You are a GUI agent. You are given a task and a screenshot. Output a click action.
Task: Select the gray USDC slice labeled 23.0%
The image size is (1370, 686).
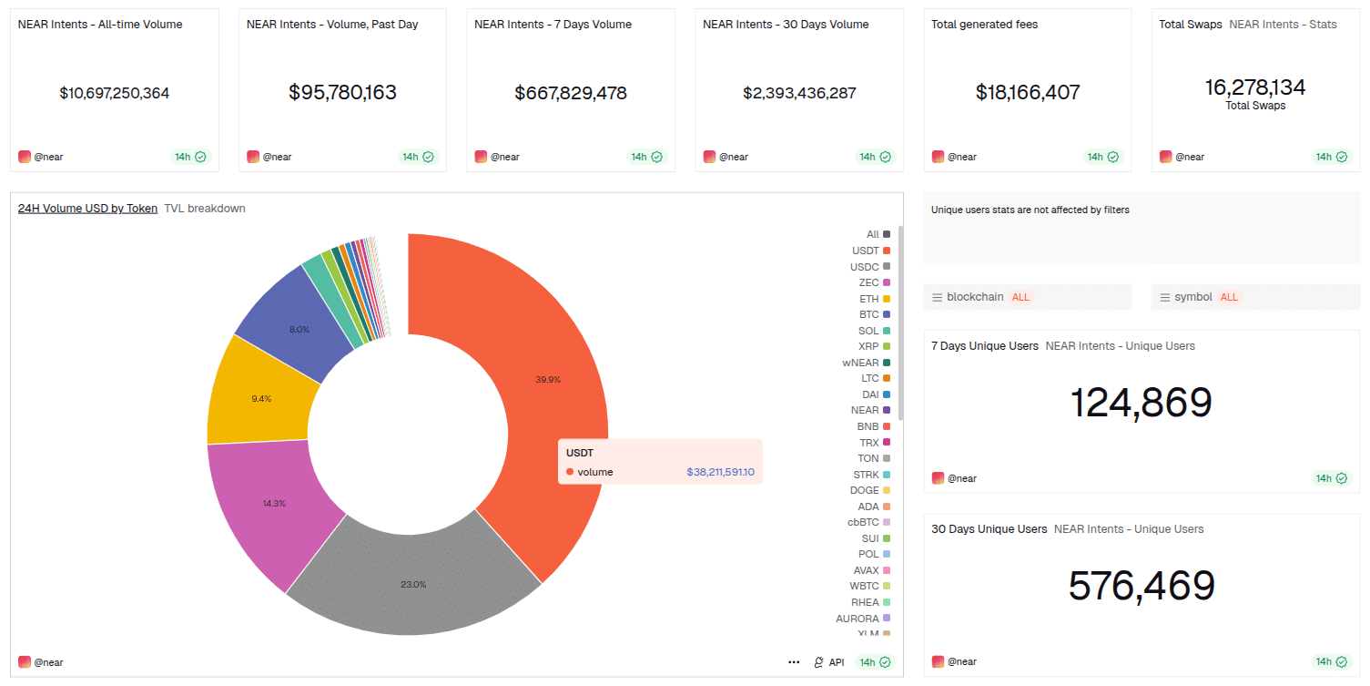(x=414, y=583)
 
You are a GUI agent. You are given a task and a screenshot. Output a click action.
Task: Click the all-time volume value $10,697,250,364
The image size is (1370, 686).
(x=115, y=93)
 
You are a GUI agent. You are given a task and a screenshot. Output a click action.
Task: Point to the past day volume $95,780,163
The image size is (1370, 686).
(x=342, y=93)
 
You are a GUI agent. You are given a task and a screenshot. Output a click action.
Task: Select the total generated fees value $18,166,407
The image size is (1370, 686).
(x=1028, y=93)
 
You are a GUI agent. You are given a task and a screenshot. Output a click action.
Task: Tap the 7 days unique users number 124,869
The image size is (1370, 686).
(x=1141, y=403)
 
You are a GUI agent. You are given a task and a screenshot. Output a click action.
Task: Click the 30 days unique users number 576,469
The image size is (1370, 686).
(x=1142, y=586)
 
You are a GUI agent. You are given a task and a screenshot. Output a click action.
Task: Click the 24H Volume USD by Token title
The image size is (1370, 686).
(x=87, y=209)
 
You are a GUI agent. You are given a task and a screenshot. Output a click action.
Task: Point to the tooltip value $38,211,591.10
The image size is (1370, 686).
(x=720, y=472)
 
